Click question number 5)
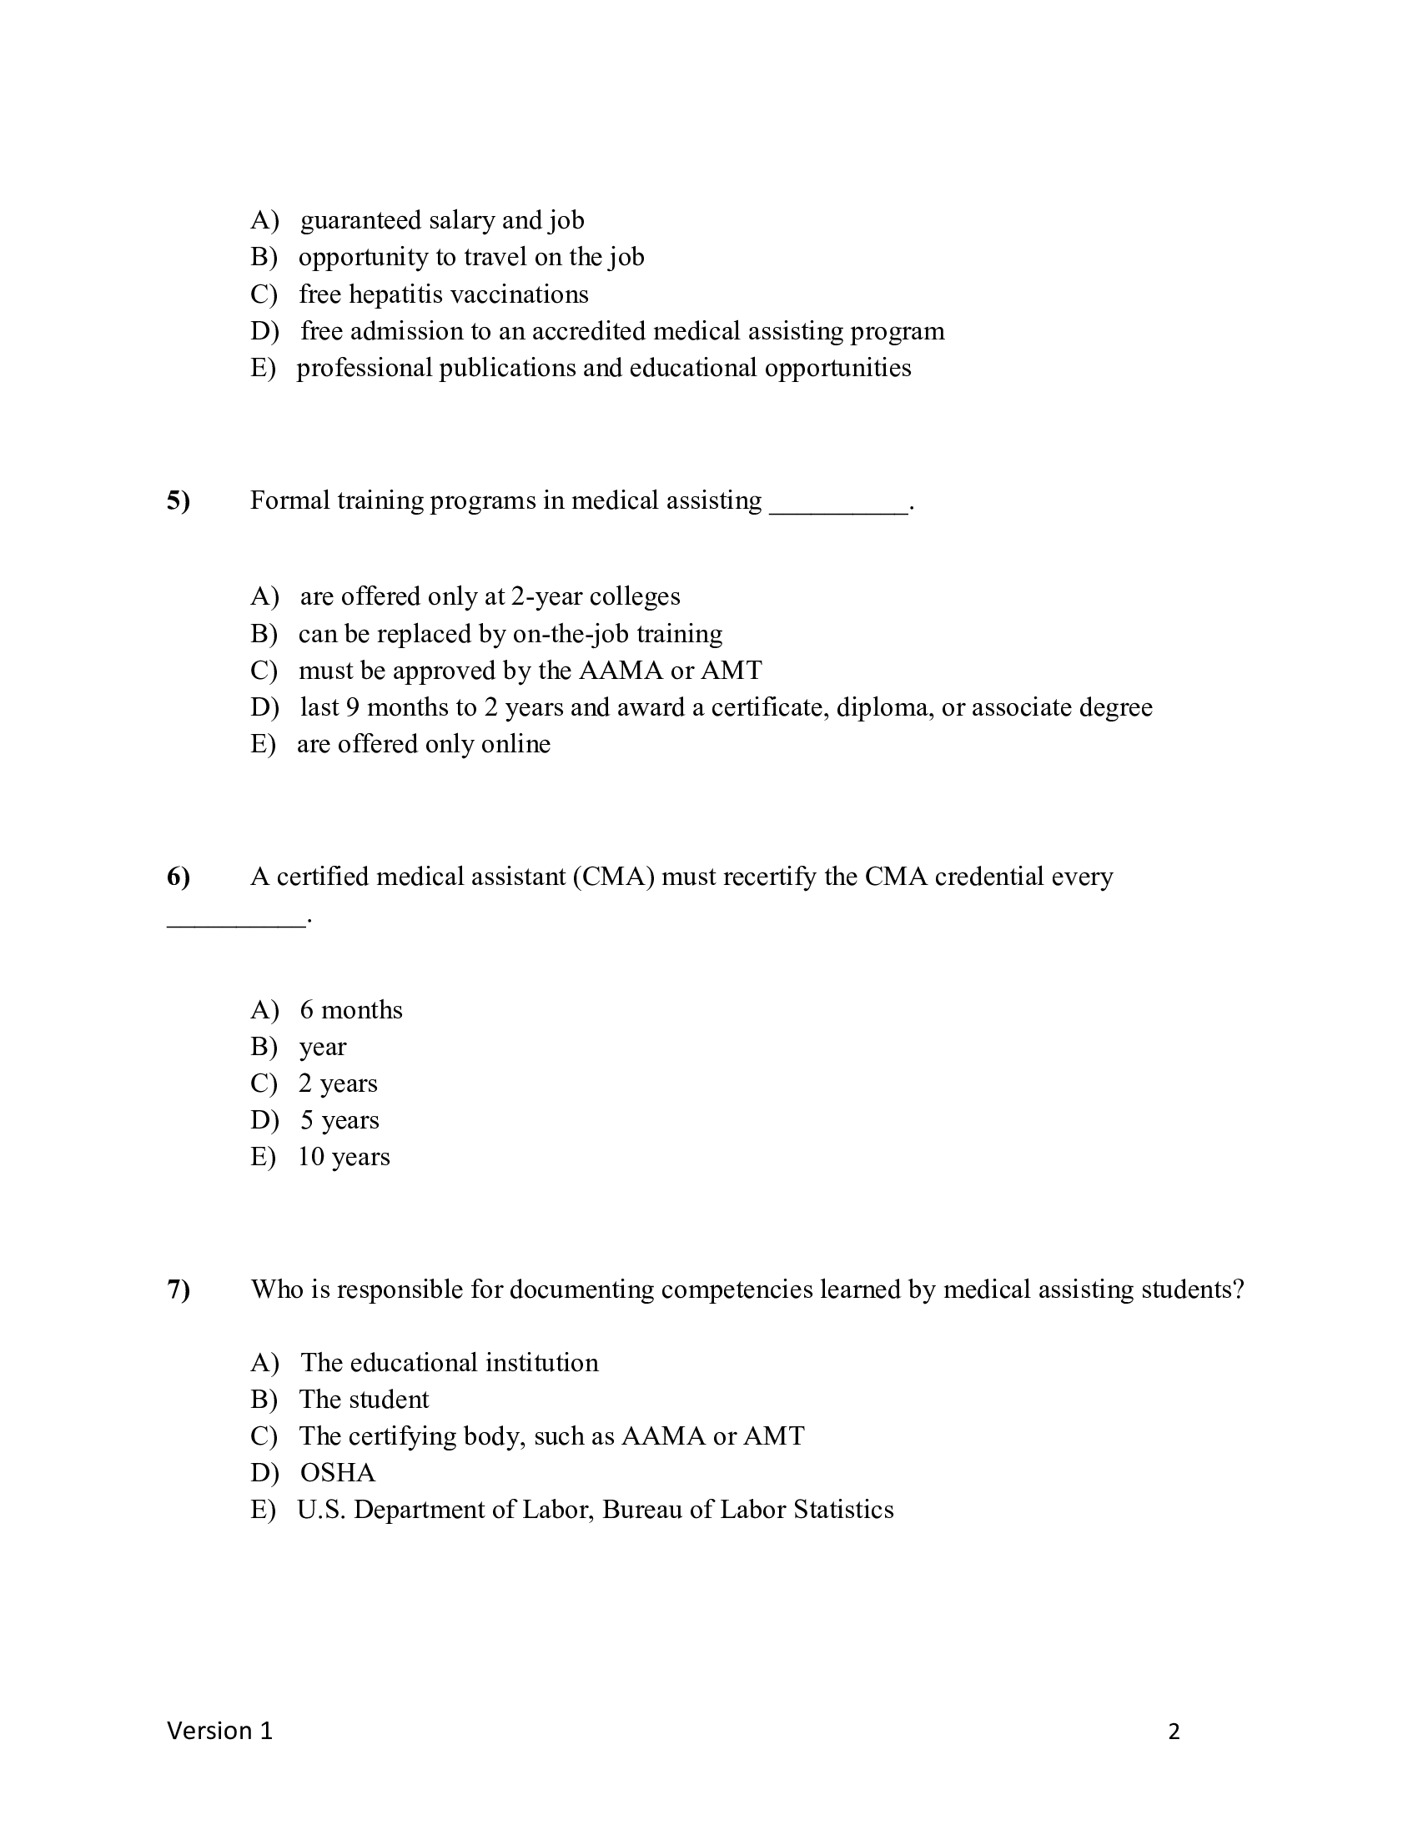click(x=179, y=500)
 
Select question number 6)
click(x=179, y=877)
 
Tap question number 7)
click(x=179, y=1290)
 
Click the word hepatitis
click(x=390, y=295)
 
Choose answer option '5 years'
click(x=339, y=1121)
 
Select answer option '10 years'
click(x=344, y=1158)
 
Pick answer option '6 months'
click(x=351, y=1010)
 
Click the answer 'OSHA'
click(x=338, y=1473)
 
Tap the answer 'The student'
click(x=364, y=1400)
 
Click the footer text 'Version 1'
click(x=220, y=1731)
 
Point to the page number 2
click(x=1174, y=1732)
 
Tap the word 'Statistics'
click(x=842, y=1510)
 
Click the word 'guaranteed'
click(x=360, y=221)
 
